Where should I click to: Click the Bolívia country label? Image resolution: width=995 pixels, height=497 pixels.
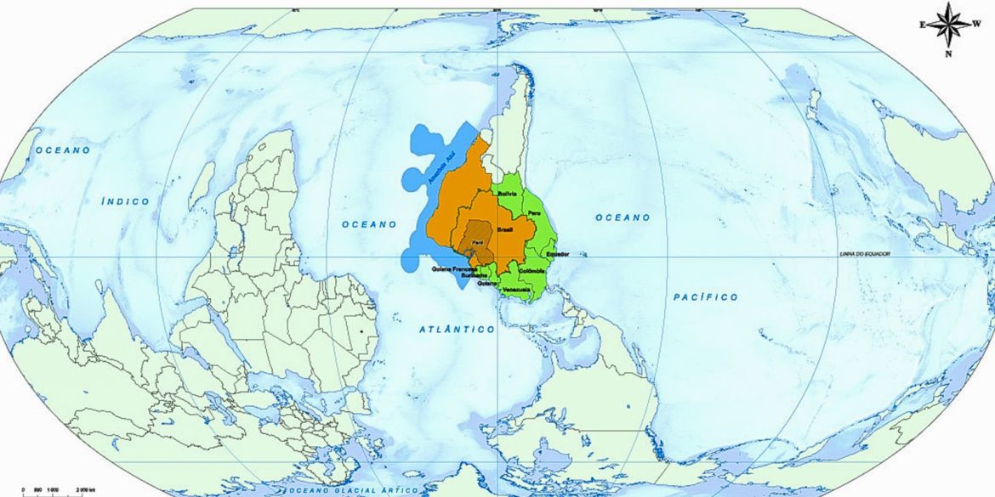coord(508,195)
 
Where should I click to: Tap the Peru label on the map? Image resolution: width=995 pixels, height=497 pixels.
coord(534,212)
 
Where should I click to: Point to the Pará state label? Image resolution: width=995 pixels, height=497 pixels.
coord(477,244)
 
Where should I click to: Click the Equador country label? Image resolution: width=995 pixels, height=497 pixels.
coord(557,254)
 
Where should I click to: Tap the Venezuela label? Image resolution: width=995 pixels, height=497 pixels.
coord(516,291)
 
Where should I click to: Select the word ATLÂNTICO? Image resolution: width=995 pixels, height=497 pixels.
coord(457,329)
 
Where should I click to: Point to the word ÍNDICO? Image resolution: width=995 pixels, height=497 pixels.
coord(125,201)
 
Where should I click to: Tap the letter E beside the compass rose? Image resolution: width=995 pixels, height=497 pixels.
coord(922,25)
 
